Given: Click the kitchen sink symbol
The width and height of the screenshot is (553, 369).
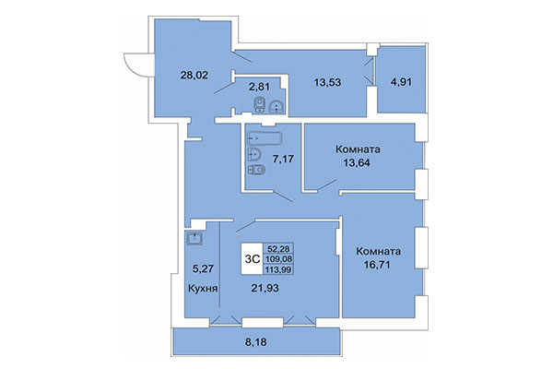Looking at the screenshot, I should tap(194, 240).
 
